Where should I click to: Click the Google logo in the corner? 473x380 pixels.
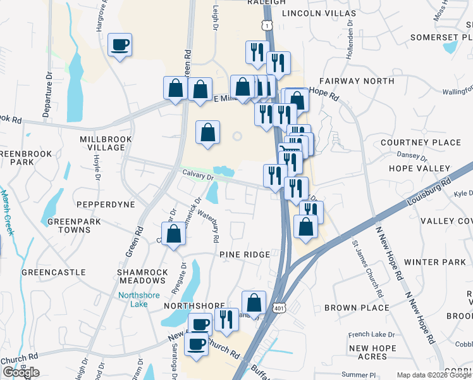tap(21, 372)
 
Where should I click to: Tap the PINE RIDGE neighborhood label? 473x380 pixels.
tap(245, 254)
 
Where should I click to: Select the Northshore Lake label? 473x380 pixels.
tap(133, 300)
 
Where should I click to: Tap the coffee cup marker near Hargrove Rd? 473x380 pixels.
tap(120, 45)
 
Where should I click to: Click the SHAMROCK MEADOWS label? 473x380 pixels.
tap(142, 276)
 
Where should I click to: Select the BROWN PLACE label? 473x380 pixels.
tap(356, 308)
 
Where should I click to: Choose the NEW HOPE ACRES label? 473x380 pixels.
tap(372, 352)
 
